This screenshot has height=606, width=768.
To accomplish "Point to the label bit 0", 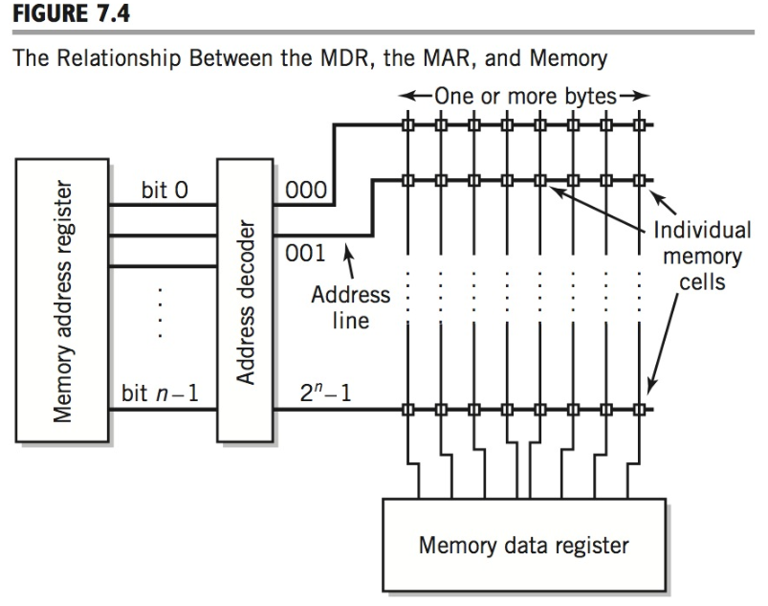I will tap(165, 190).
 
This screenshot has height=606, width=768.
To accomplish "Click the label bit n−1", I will tap(159, 392).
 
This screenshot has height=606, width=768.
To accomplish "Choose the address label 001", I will tap(305, 255).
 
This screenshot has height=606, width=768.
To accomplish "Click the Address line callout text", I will tap(351, 307).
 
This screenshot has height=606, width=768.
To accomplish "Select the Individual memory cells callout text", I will tap(702, 257).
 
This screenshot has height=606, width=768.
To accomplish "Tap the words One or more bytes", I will tap(525, 98).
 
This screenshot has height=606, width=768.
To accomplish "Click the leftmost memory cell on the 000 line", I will tap(408, 123).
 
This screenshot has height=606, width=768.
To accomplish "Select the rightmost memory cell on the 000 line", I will tap(638, 123).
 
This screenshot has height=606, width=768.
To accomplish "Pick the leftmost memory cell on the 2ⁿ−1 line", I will tap(408, 411).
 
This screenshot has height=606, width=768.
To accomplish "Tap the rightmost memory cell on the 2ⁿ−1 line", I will tap(638, 411).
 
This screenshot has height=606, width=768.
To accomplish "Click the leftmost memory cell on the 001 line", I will tap(408, 178).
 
